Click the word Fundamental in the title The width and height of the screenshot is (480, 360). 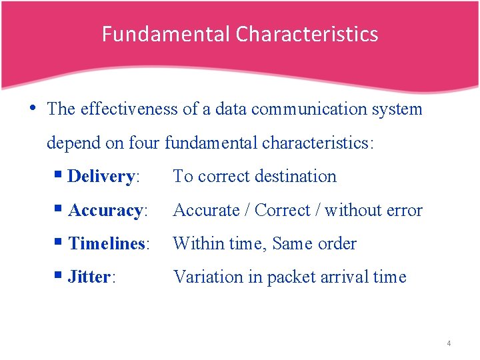click(166, 34)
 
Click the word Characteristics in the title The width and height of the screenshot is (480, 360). click(307, 34)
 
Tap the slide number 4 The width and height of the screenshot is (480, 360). click(449, 343)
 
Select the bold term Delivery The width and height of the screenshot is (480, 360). click(101, 177)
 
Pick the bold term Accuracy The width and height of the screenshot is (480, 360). click(105, 211)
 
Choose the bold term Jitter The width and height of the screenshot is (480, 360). click(89, 277)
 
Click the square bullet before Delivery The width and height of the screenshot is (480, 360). click(59, 176)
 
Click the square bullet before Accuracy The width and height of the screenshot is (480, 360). click(59, 210)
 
